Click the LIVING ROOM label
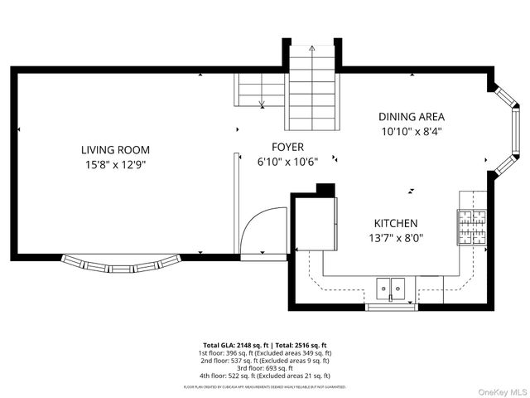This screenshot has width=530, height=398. click(x=115, y=149)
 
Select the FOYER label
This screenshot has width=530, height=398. click(x=287, y=147)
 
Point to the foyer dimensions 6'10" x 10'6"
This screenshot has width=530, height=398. click(x=287, y=161)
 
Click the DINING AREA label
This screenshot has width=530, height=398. click(x=412, y=117)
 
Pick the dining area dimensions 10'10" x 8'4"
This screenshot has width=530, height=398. click(x=412, y=131)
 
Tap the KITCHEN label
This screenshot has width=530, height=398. click(x=395, y=223)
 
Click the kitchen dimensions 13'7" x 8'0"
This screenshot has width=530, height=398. click(x=395, y=237)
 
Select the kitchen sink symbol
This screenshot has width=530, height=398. click(x=390, y=287)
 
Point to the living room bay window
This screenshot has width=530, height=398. click(x=121, y=265)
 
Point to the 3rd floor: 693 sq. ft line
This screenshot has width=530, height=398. click(x=264, y=367)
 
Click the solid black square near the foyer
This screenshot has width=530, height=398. click(x=325, y=189)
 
